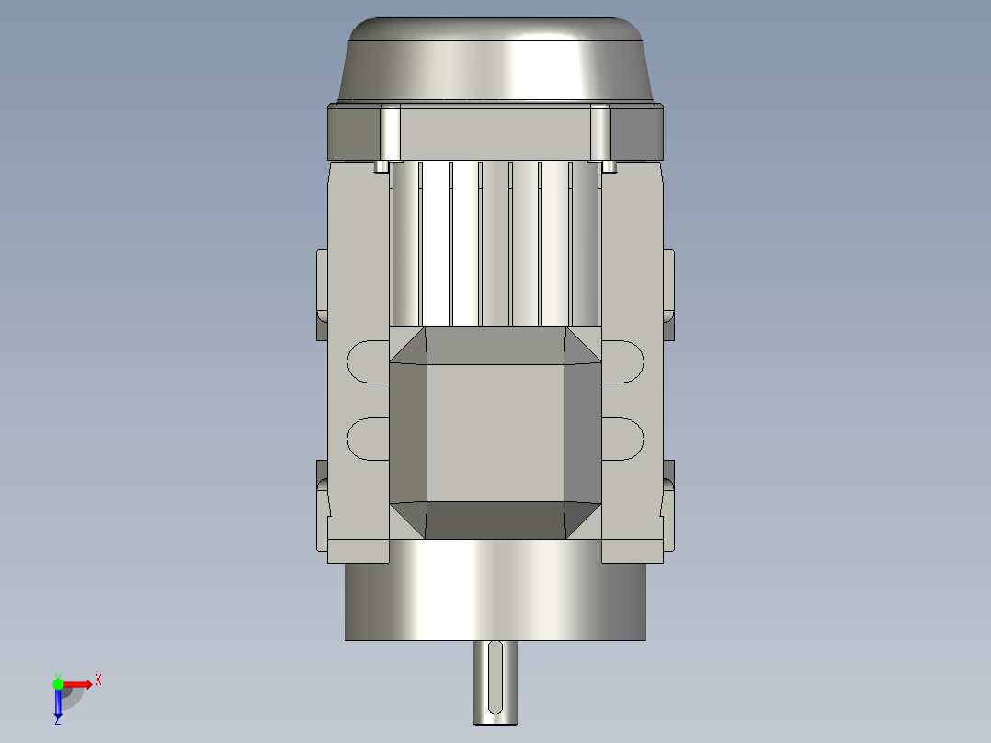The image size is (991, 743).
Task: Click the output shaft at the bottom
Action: (495, 682)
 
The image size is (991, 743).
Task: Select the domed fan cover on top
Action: (495, 59)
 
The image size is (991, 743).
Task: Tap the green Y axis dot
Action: (58, 684)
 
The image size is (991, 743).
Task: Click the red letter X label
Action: (98, 680)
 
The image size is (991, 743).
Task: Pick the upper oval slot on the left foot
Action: (368, 361)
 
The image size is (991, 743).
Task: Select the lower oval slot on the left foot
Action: (368, 439)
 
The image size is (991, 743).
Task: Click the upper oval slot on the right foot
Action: (622, 361)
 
